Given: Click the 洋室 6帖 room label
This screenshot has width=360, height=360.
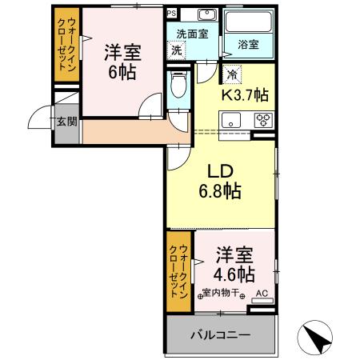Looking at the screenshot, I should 122,62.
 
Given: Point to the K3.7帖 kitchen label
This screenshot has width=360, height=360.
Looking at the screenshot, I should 244,95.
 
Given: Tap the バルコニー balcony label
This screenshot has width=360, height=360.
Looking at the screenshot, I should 220,334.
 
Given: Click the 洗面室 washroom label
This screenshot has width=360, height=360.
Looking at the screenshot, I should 192,34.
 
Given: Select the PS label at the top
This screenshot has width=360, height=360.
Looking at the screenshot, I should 172,13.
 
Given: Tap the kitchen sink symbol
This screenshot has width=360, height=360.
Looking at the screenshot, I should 232,121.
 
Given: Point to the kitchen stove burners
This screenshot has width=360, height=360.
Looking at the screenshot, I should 262,121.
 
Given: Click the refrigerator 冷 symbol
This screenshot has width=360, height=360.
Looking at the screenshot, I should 231,75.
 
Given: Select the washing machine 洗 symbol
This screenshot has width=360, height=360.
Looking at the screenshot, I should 176,50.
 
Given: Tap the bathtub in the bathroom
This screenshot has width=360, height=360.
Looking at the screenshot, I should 249,24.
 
